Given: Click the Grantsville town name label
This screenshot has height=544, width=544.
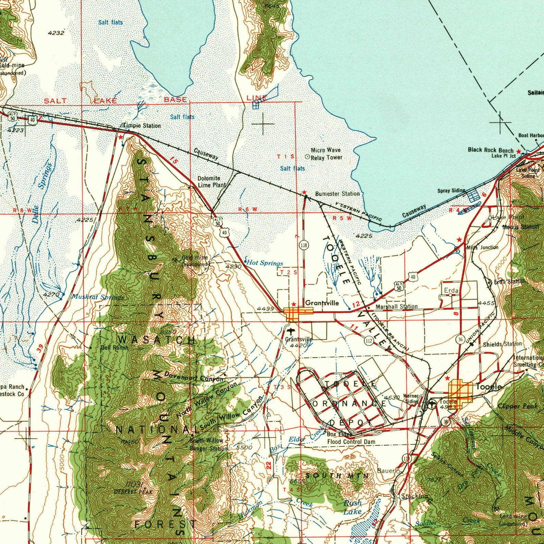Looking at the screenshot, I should point(322,303).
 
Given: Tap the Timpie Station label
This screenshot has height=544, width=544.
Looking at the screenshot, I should point(142,126).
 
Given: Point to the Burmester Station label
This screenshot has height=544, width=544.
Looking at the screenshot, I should point(337,194).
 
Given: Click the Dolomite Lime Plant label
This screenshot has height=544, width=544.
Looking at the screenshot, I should point(211,182).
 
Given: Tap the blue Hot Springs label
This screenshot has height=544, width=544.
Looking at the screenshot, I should point(265,263).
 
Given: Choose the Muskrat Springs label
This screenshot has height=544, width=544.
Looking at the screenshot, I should point(97,297).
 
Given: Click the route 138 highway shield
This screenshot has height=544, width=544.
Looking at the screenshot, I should point(304,245).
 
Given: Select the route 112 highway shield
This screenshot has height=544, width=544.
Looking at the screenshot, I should point(369,341).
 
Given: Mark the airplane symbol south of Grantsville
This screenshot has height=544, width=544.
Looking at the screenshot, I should point(292,331).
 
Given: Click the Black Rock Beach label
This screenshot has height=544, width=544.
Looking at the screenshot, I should point(491,150).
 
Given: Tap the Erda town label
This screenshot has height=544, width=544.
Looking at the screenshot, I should point(451,290).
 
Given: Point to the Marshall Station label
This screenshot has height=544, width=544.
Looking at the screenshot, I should point(396,307).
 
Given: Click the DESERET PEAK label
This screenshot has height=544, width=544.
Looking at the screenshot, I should point(133,492).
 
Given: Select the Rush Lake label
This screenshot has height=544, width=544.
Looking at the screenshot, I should point(353,507).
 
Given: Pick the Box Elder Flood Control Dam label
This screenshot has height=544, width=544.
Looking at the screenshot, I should point(351,438).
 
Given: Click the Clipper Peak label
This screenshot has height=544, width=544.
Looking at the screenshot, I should point(517,406).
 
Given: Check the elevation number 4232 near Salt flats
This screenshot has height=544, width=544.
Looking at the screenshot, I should point(56,33).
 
